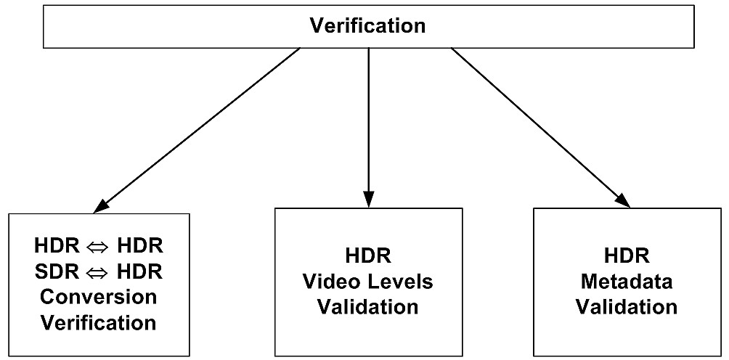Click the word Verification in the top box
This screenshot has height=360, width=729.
(367, 26)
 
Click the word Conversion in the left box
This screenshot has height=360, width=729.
(99, 296)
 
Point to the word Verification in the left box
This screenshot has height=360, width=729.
(99, 322)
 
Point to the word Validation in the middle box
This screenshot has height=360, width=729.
(368, 306)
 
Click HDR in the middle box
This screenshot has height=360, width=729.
(368, 256)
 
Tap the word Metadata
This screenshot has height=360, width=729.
(627, 282)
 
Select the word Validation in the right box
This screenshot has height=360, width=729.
(627, 306)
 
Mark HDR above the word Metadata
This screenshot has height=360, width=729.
(627, 256)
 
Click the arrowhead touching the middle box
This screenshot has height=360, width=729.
(368, 199)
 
